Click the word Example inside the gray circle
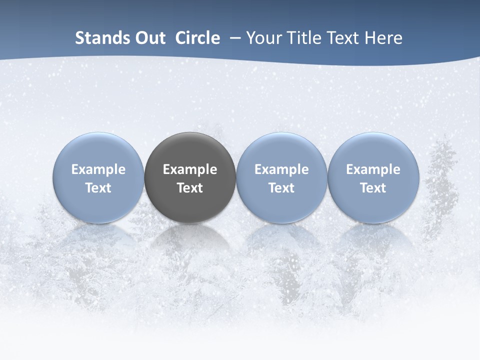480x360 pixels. coord(190,170)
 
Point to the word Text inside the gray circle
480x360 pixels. coord(190,188)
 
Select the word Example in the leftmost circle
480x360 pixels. coord(98,170)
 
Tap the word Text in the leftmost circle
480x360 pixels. coord(98,188)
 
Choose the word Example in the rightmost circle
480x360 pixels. coord(373,170)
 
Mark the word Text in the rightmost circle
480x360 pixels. coord(373,188)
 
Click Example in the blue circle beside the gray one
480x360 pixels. coord(281,170)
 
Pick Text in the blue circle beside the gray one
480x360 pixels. coord(281,188)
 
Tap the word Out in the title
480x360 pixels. coord(148,38)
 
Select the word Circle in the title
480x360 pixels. coord(197,38)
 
